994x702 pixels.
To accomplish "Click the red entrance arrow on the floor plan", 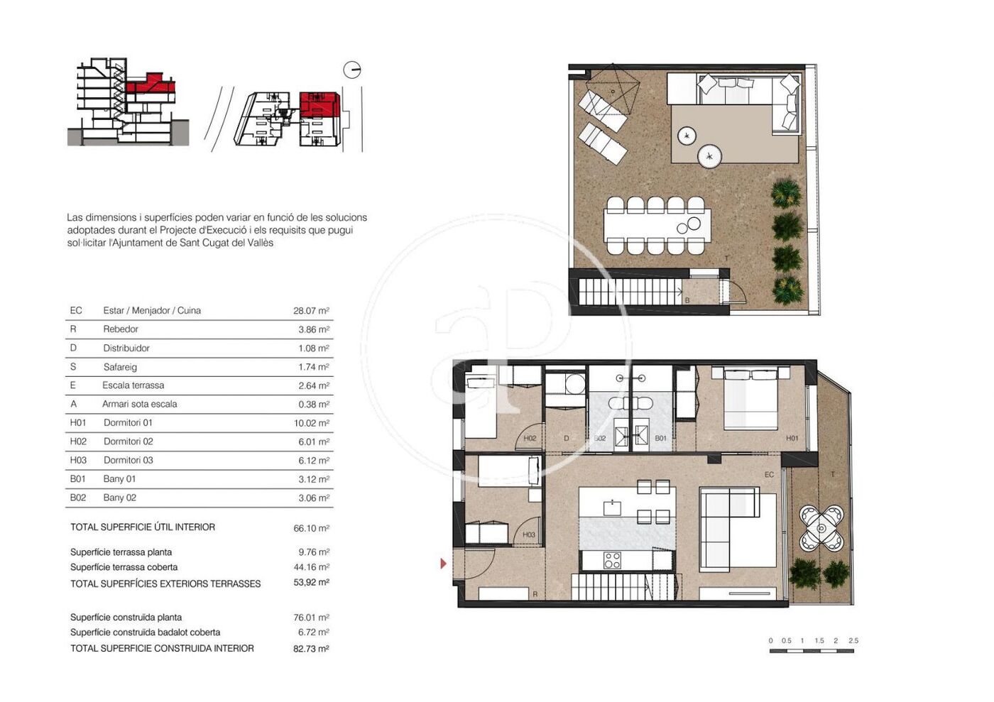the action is (443, 564).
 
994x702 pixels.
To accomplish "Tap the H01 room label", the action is (792, 438).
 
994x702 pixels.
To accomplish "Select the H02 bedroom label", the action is (530, 438).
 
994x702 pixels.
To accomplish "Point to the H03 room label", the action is (528, 534).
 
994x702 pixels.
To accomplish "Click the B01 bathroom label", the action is (661, 438).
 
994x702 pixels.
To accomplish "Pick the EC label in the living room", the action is (769, 474).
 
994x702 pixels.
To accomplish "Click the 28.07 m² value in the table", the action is (311, 311).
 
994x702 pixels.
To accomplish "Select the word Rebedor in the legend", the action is (121, 329).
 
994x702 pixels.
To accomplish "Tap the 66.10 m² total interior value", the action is (311, 528).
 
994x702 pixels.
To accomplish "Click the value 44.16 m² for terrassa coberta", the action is (311, 566).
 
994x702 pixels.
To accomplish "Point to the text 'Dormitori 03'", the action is (129, 460).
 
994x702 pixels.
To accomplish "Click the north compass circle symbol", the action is (352, 70).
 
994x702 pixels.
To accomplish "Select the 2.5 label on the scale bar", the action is (853, 640).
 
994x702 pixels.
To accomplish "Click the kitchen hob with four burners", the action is (612, 560).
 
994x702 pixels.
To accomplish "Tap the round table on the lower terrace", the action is (821, 529).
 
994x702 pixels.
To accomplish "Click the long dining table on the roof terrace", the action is (657, 226).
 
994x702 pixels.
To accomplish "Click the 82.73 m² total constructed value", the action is (311, 648).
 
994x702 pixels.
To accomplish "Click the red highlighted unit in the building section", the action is (150, 84).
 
